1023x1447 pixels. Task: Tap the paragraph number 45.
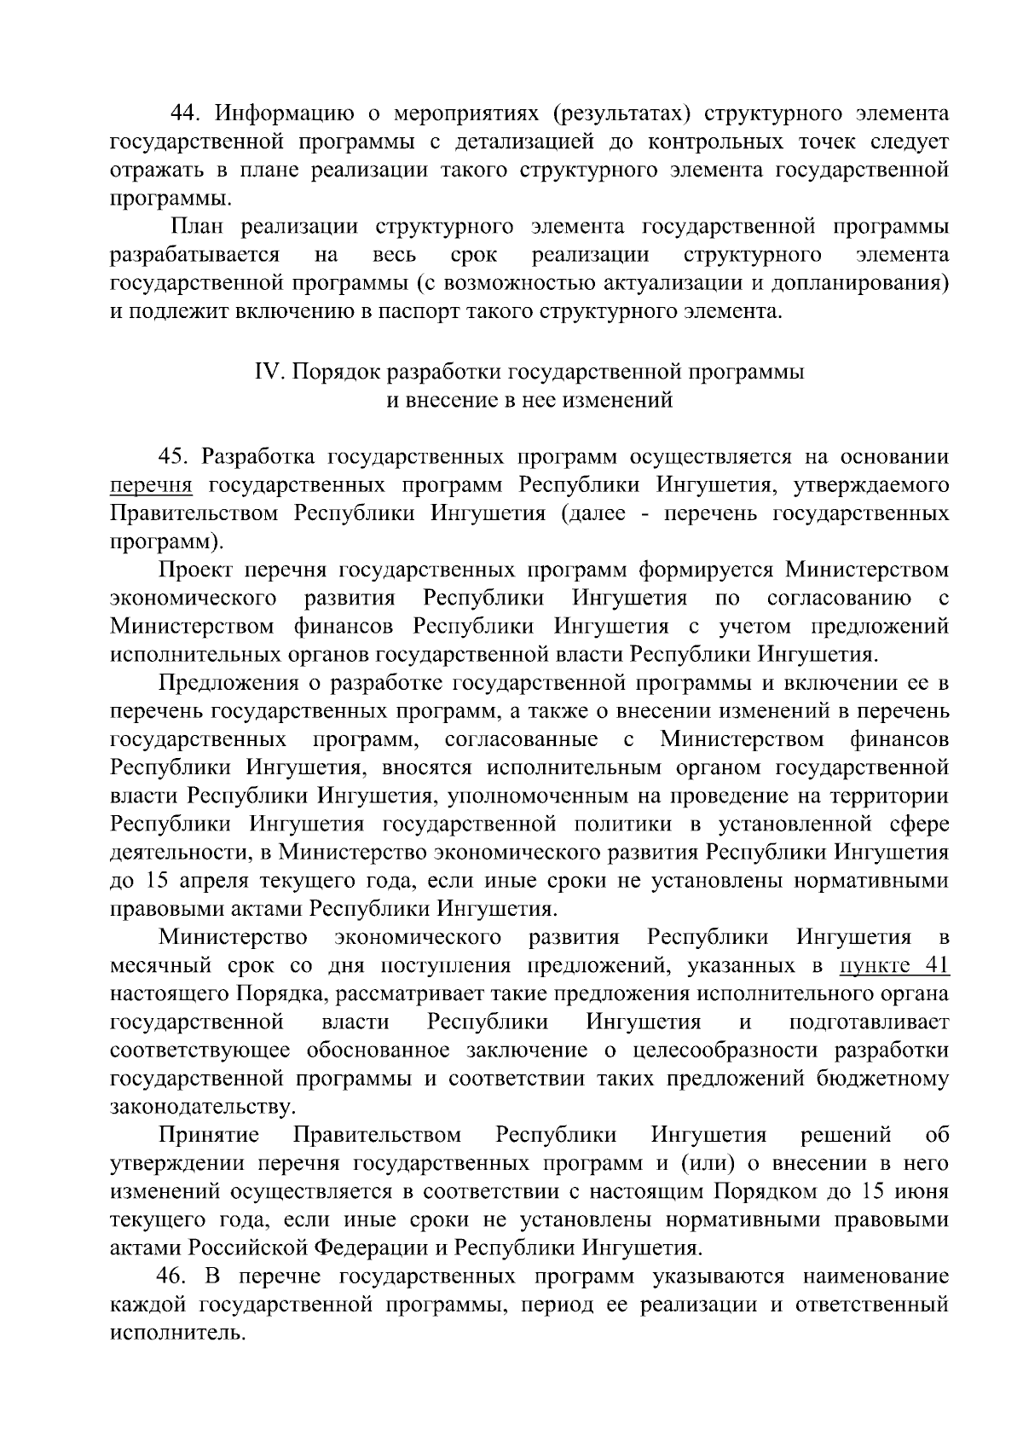click(x=174, y=458)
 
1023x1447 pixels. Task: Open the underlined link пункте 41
click(x=894, y=966)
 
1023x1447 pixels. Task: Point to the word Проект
click(x=196, y=570)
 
